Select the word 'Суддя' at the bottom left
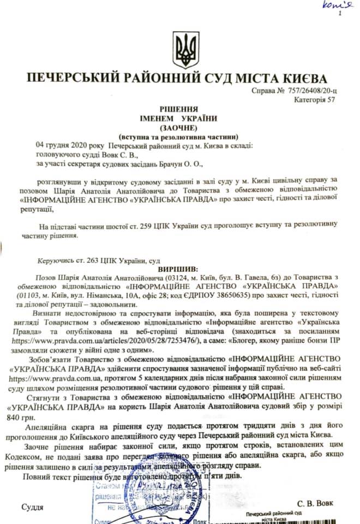coord(32,507)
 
